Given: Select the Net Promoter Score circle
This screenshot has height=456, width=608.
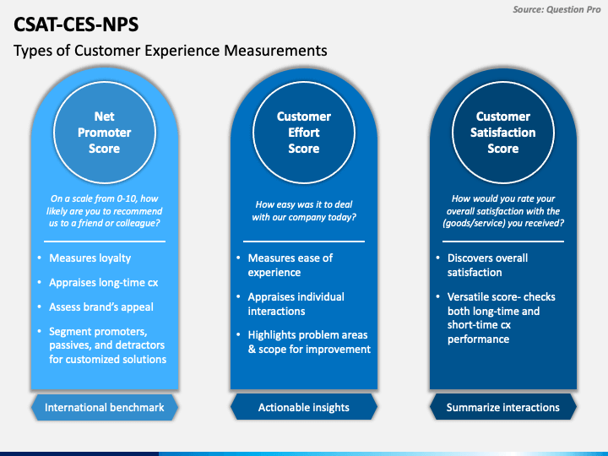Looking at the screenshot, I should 105,133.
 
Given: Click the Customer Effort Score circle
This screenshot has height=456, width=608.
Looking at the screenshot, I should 304,133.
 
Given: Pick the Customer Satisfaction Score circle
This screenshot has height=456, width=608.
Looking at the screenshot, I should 503,133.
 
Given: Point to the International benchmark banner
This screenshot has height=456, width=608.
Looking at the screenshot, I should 105,407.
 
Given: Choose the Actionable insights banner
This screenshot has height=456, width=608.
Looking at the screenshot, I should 304,407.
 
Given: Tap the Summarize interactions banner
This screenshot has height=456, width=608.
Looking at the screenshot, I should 503,407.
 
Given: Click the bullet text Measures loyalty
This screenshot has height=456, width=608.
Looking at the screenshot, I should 90,258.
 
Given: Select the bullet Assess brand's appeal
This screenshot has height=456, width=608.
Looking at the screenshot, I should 101,307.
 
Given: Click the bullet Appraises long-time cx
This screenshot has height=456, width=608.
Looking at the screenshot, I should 104,282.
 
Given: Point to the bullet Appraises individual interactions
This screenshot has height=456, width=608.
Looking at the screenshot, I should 296,304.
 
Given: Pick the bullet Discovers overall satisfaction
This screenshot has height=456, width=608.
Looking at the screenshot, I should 487,265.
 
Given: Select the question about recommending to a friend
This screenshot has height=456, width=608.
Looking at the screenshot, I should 105,210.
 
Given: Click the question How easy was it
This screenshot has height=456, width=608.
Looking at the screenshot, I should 304,210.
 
